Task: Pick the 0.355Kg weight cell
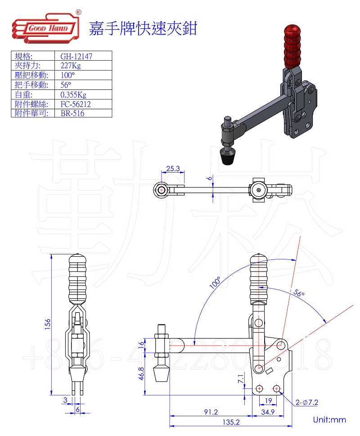73,94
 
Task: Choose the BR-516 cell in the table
72,113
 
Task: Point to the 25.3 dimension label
173,169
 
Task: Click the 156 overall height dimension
48,324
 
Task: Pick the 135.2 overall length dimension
232,422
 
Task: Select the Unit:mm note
329,420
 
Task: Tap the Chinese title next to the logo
143,28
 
